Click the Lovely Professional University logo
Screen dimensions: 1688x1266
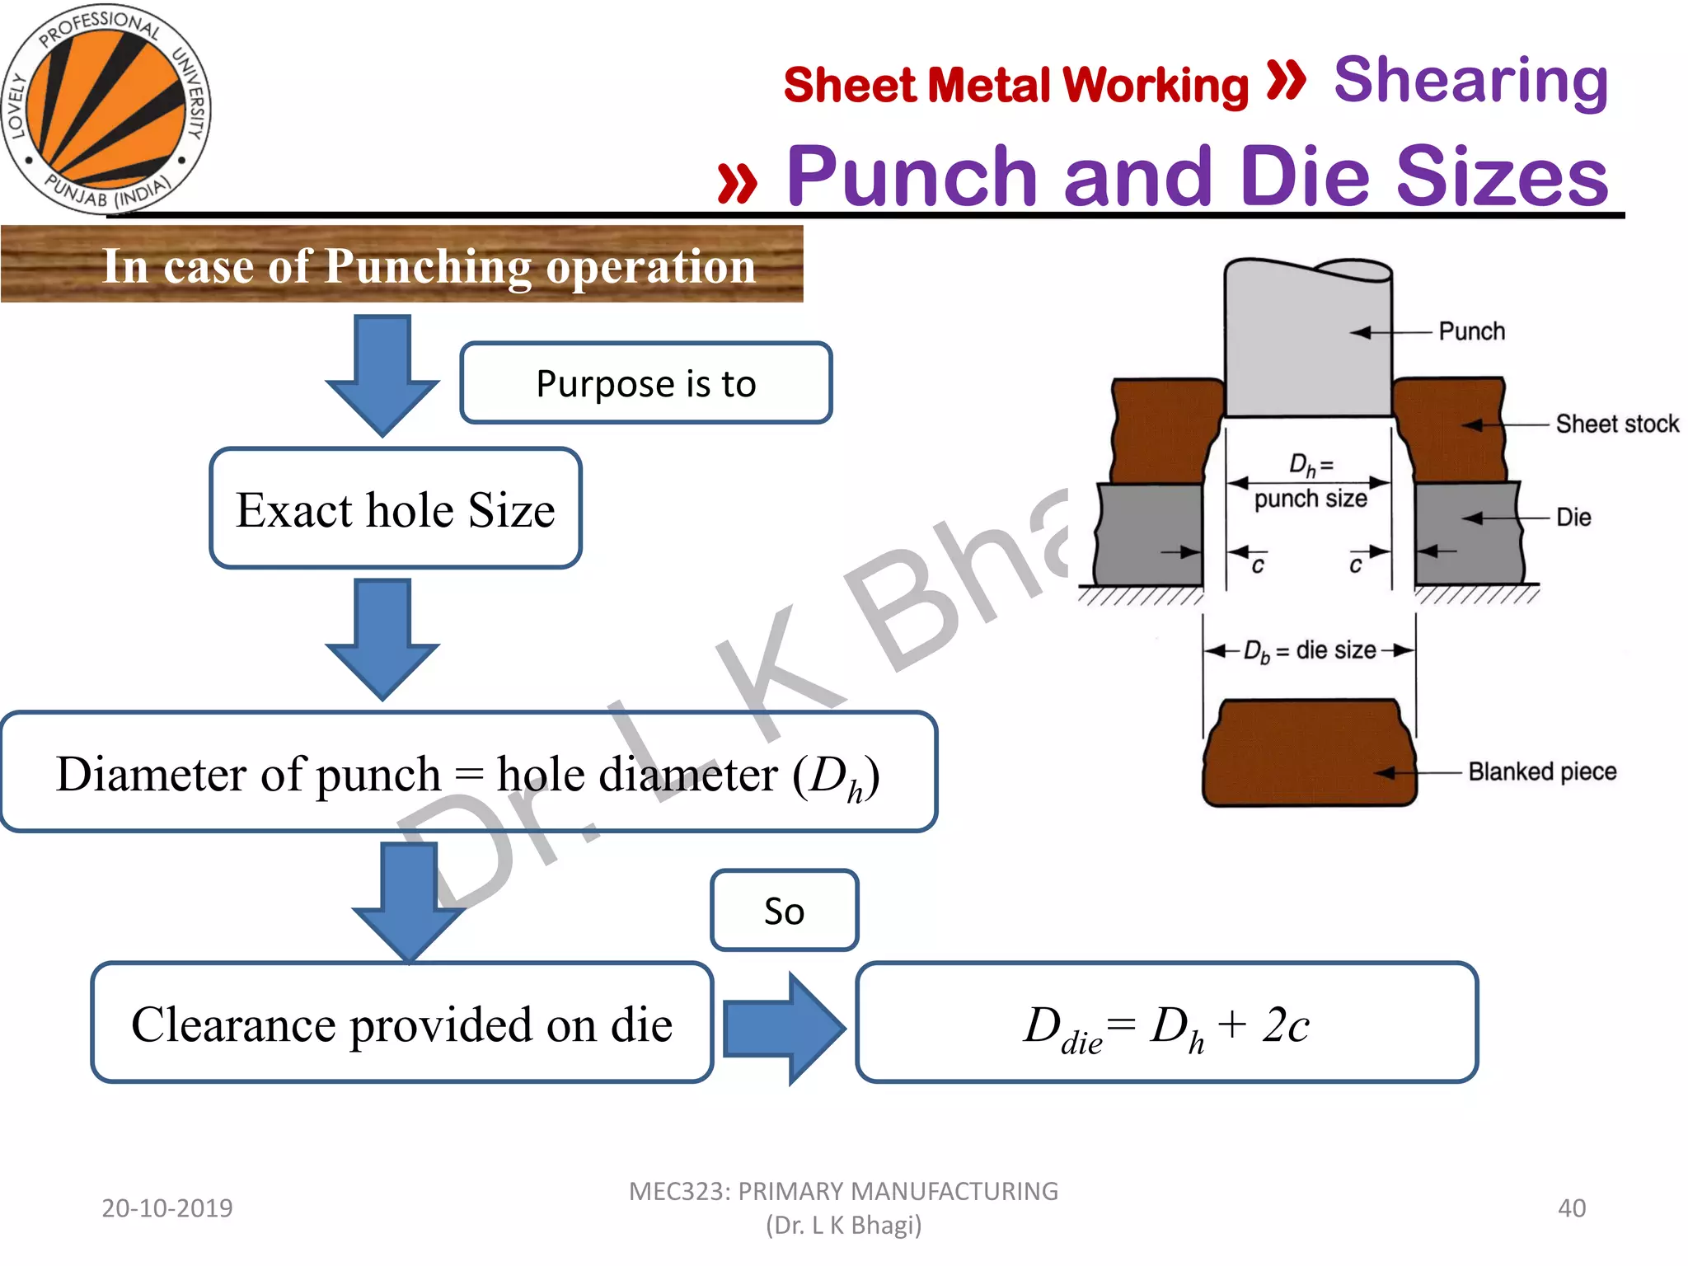105,108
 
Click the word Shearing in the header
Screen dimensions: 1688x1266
1470,81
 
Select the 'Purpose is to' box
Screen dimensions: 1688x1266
645,383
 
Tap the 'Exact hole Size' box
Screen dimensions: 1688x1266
396,509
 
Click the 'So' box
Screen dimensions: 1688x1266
784,911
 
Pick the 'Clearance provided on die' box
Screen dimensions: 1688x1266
402,1023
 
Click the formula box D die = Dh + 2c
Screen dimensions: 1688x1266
1166,1023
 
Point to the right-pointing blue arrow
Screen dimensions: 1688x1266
783,1028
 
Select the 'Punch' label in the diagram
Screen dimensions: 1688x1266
1471,331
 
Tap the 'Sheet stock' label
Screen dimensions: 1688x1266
1616,424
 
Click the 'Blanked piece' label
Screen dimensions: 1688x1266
1541,771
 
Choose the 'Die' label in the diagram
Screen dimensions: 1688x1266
1573,518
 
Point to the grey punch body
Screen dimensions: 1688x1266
1307,346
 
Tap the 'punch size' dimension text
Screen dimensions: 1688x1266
1310,499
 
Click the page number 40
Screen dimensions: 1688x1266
1571,1207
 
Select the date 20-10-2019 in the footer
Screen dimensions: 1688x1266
167,1207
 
